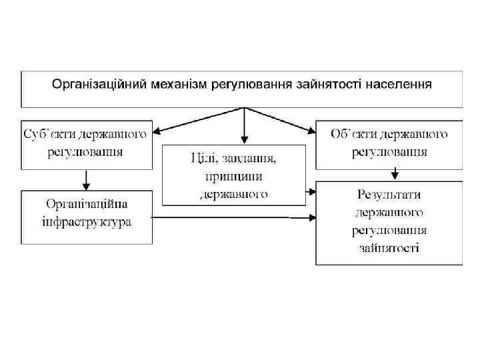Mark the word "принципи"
(x=233, y=177)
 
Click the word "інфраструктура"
(x=87, y=221)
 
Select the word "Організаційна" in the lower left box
(x=87, y=203)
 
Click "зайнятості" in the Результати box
(x=389, y=248)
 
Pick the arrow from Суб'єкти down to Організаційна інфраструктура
(x=86, y=179)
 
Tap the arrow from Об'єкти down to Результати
(x=395, y=173)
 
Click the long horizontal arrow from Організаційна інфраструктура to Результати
(x=233, y=217)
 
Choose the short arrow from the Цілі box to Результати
(x=311, y=192)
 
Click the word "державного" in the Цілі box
(x=233, y=194)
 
